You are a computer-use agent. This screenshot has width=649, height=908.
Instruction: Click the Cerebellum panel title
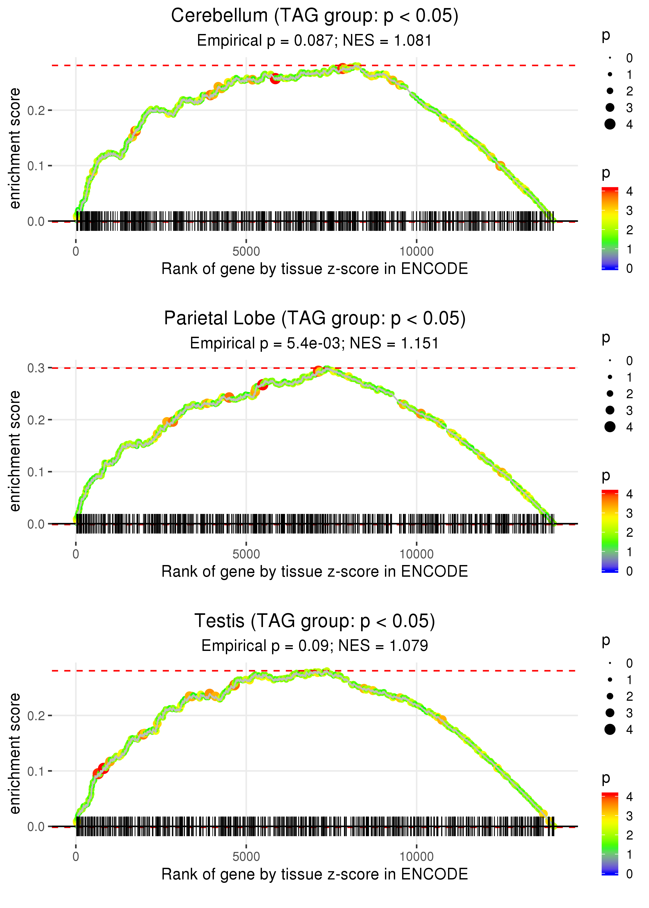pos(315,16)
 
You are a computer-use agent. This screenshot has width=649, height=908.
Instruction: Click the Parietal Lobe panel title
pos(315,319)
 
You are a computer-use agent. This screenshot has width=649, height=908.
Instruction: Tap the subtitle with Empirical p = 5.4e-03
pos(267,343)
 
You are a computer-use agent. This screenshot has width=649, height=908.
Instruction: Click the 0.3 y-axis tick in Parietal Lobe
pos(36,368)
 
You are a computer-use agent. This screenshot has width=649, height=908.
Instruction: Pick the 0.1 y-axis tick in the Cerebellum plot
pos(36,166)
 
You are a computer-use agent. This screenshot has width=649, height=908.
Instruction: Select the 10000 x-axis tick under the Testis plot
pos(416,856)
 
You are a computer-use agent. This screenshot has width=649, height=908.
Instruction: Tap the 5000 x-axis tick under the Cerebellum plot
pos(246,252)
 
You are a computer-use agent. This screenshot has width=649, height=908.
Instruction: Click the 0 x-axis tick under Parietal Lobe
pos(76,554)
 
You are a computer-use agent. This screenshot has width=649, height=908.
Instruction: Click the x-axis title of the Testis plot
pos(315,875)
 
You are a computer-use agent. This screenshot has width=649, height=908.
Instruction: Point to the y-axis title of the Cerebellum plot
pos(15,149)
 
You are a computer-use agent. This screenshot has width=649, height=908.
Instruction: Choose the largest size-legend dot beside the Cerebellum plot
pos(610,124)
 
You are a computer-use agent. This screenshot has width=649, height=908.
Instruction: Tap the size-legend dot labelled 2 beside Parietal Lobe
pos(610,394)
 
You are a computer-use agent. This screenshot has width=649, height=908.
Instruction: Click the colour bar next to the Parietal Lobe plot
pos(610,531)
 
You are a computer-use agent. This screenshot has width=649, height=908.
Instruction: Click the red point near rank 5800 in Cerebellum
pos(275,79)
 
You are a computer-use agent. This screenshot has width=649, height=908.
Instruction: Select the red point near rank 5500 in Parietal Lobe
pos(262,384)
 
